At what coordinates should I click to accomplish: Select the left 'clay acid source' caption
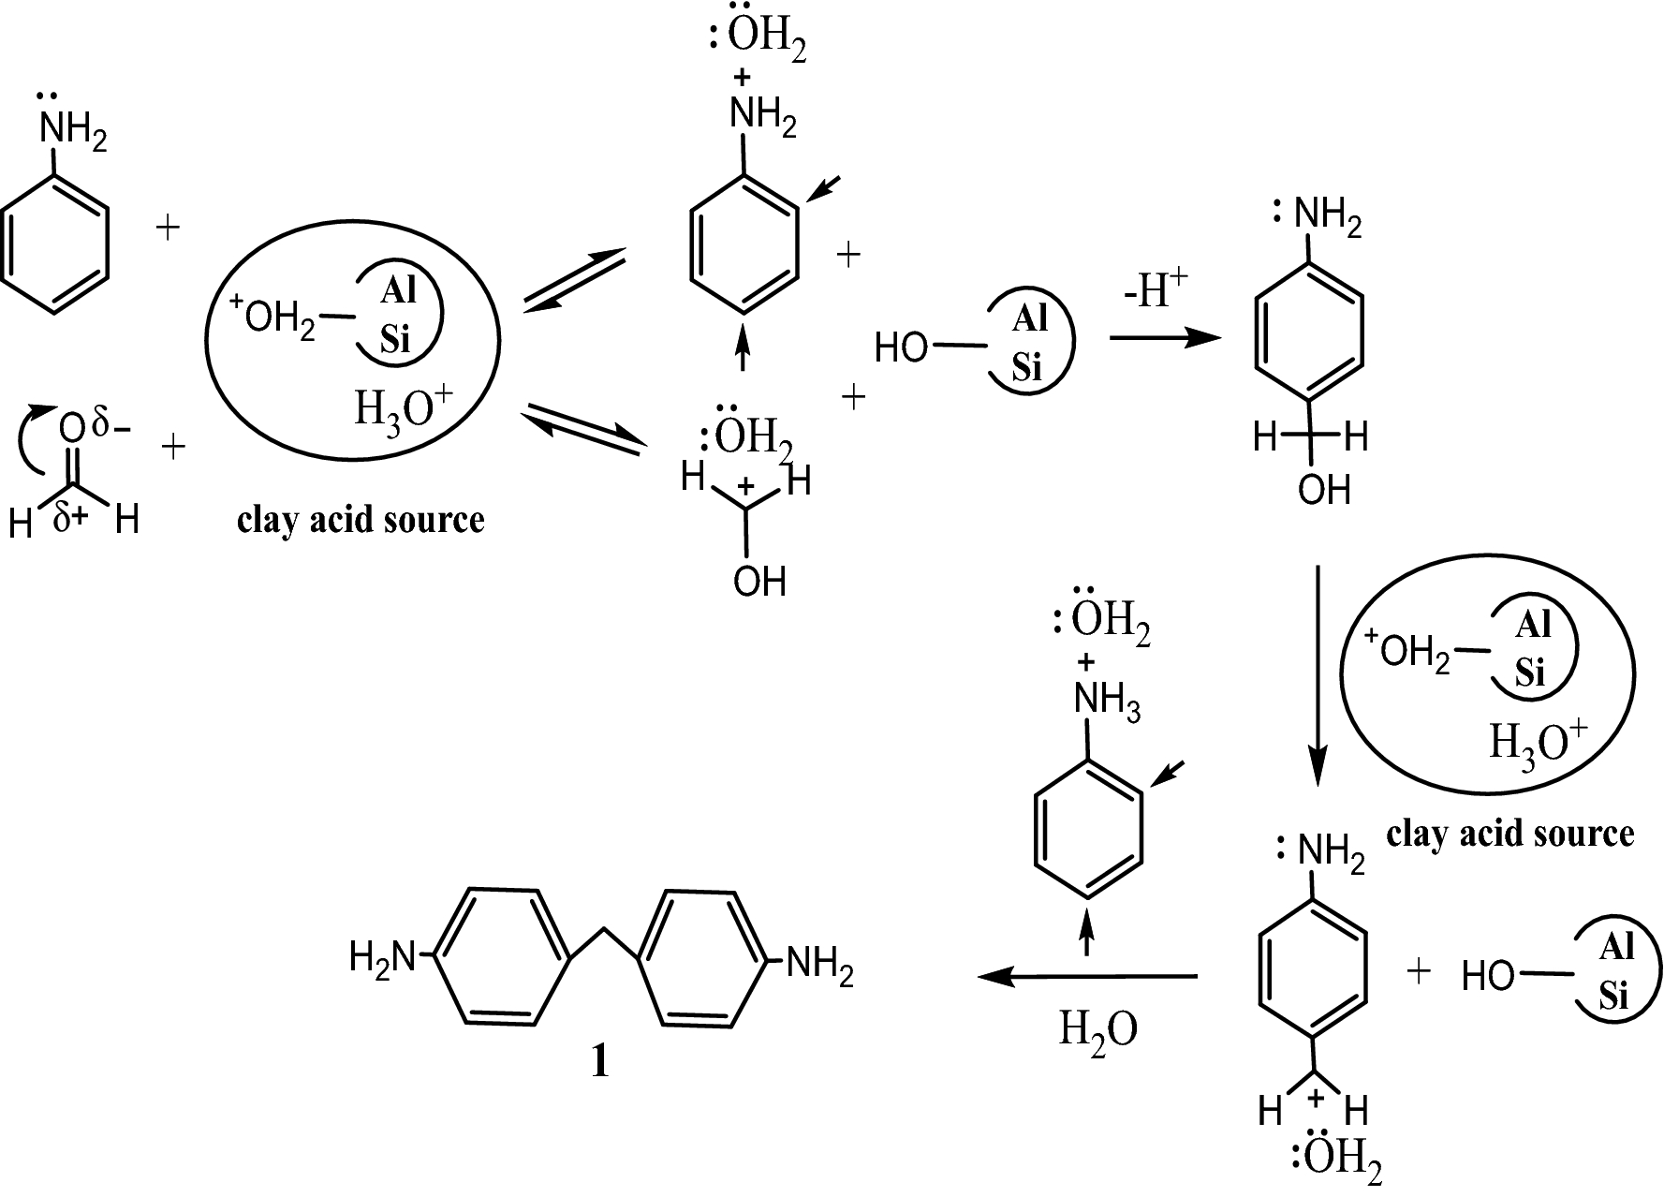pos(361,520)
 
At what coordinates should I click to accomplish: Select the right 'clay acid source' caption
pos(1509,833)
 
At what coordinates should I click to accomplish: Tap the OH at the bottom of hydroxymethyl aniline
pos(1324,490)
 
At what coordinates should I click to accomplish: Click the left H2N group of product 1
pos(380,957)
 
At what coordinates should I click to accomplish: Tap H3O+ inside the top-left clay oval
pos(402,410)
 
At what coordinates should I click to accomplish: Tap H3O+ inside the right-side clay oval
pos(1537,746)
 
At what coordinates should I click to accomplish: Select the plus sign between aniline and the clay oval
pos(168,228)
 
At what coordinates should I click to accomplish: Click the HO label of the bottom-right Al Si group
pos(1488,978)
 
